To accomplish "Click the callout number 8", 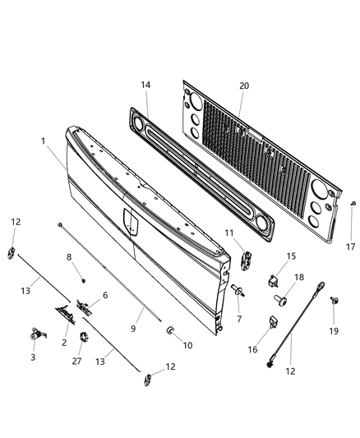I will click(69, 257).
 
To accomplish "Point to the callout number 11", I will click(230, 233).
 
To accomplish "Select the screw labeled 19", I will click(335, 302).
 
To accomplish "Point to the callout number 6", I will click(104, 295).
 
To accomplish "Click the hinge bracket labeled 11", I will click(246, 258).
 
